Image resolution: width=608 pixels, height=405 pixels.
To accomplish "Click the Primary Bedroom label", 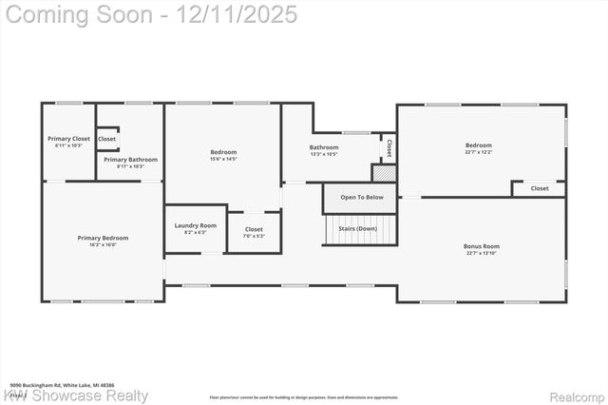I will coord(103,238).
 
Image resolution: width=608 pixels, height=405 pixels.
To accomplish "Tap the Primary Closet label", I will coord(68,139).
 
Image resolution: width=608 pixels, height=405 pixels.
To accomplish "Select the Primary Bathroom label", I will coord(130,160).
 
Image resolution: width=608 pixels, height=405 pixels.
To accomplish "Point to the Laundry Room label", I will coord(196,225).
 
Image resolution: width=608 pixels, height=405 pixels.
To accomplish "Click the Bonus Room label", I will coord(482,246).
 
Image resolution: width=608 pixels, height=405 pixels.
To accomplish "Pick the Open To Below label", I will coord(362,198).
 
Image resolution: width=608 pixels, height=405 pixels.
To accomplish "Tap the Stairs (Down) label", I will coord(358,229).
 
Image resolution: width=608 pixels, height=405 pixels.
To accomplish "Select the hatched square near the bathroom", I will coord(384,174).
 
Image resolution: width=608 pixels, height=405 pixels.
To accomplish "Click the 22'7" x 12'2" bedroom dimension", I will coord(478,152).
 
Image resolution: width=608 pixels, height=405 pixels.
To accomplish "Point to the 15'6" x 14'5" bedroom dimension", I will coord(223,159).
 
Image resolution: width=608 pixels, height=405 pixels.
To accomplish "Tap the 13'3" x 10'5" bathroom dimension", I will coord(324,154).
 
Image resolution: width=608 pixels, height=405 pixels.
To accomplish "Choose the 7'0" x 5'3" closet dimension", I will coord(254,236).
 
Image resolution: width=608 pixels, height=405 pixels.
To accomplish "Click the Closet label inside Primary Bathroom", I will coord(107,139).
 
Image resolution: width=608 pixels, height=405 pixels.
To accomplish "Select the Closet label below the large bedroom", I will coord(539,188).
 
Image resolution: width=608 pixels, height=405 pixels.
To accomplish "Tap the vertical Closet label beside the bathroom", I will coord(389,147).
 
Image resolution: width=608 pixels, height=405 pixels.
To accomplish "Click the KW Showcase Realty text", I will coord(76,395).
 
